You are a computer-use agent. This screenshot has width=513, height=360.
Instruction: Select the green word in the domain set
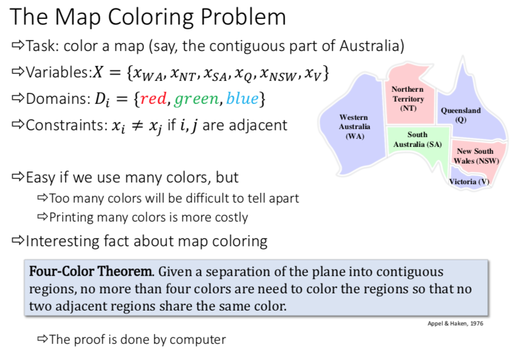[x=197, y=100]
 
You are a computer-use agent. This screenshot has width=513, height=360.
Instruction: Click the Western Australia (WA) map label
[x=354, y=126]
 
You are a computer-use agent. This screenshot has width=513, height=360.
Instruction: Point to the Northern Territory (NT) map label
[x=407, y=98]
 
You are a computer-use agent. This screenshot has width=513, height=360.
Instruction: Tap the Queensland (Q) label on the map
[x=460, y=114]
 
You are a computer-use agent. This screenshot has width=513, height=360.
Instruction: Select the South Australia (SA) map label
[x=417, y=139]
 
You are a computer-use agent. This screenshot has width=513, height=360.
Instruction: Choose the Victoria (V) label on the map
[x=469, y=181]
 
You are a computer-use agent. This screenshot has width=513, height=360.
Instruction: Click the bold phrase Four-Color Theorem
[x=91, y=271]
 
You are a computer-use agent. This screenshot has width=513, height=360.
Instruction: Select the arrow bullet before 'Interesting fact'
[x=18, y=241]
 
